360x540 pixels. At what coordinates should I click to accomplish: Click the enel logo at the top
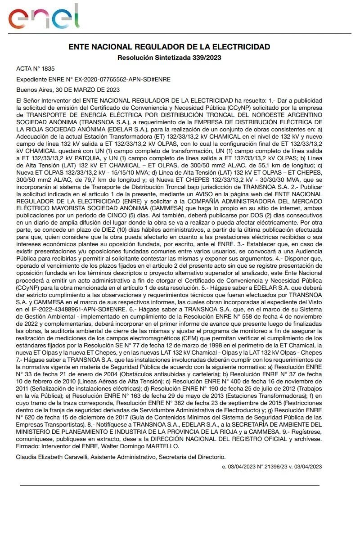[43, 17]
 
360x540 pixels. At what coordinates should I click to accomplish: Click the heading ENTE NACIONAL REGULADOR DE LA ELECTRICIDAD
[169, 47]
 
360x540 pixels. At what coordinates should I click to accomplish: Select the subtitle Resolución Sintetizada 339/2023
[169, 58]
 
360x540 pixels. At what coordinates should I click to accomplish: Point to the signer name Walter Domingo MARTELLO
[144, 446]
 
